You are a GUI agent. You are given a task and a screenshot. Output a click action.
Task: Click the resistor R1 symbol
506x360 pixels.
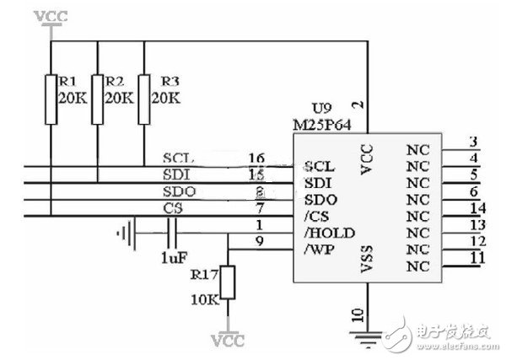click(x=52, y=99)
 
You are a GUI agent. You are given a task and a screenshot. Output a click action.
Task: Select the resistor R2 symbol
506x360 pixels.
click(x=98, y=99)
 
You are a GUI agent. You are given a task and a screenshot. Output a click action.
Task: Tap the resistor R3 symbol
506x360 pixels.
click(x=144, y=99)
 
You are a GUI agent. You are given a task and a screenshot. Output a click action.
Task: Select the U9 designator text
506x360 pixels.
click(x=321, y=109)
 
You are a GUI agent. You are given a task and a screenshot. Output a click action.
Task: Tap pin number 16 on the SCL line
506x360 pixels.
click(x=257, y=158)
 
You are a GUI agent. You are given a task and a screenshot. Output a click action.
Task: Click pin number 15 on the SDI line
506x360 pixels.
click(x=257, y=175)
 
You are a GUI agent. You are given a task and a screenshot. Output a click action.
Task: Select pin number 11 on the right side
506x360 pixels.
click(x=477, y=256)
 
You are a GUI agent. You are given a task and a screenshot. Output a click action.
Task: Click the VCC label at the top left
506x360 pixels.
click(x=51, y=16)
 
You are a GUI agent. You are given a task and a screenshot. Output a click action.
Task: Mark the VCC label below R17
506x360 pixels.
click(x=229, y=341)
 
